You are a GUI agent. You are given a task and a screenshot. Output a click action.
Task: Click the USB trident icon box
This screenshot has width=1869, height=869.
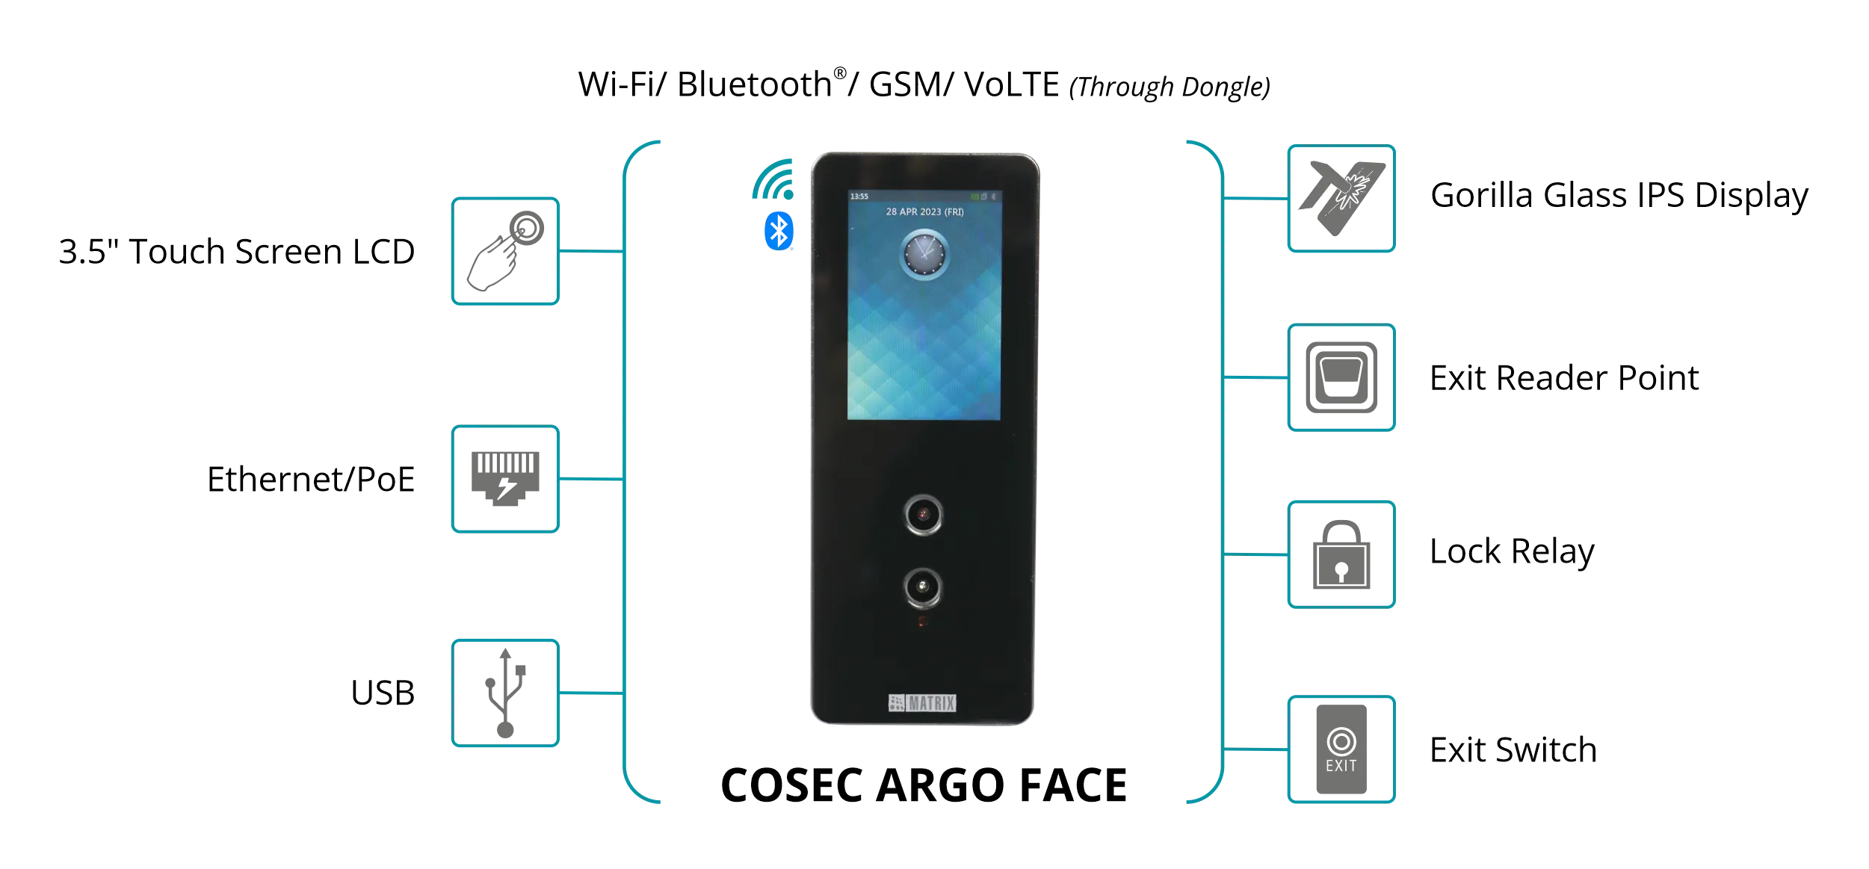505,693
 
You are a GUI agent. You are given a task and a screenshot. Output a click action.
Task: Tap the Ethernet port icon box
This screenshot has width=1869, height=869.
505,479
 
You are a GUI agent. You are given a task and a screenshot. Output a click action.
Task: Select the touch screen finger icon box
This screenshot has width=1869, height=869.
505,250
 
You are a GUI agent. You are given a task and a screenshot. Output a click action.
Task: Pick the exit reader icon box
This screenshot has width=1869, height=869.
1341,378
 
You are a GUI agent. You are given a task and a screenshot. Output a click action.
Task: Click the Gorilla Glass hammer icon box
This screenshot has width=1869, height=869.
1341,200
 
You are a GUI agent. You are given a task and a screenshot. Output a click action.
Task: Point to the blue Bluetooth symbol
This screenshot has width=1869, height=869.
777,231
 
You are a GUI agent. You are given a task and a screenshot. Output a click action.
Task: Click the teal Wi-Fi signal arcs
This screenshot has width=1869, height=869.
773,181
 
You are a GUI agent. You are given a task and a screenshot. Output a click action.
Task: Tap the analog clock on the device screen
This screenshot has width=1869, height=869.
924,254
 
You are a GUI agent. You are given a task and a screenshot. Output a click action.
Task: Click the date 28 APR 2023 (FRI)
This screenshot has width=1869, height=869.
924,212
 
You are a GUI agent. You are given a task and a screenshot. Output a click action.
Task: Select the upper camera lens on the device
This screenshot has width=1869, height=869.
924,514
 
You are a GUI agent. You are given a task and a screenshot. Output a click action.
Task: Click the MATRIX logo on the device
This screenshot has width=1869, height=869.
922,703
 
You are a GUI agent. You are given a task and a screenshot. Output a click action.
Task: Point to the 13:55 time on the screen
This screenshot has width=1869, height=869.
859,197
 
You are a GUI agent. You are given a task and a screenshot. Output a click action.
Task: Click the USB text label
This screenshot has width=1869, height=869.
385,690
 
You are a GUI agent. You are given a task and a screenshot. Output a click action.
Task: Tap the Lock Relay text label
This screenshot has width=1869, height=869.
1511,554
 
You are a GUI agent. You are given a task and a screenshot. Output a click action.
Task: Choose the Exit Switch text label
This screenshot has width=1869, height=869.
1512,751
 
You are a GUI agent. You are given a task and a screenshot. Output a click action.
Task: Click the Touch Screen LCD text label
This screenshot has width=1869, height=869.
238,252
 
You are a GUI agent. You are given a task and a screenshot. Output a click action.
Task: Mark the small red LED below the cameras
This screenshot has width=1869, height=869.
923,622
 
